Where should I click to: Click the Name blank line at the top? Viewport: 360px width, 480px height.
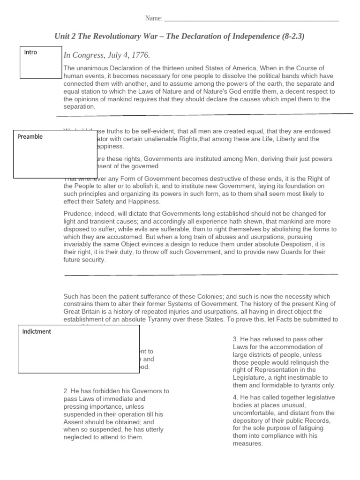tap(251, 20)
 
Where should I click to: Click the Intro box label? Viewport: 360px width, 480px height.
tap(30, 52)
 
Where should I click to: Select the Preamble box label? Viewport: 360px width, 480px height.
tap(30, 137)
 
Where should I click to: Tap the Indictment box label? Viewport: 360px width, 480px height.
tap(37, 332)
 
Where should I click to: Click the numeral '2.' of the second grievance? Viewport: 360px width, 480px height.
tap(66, 391)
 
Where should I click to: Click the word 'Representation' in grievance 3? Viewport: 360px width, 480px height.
tap(272, 370)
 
